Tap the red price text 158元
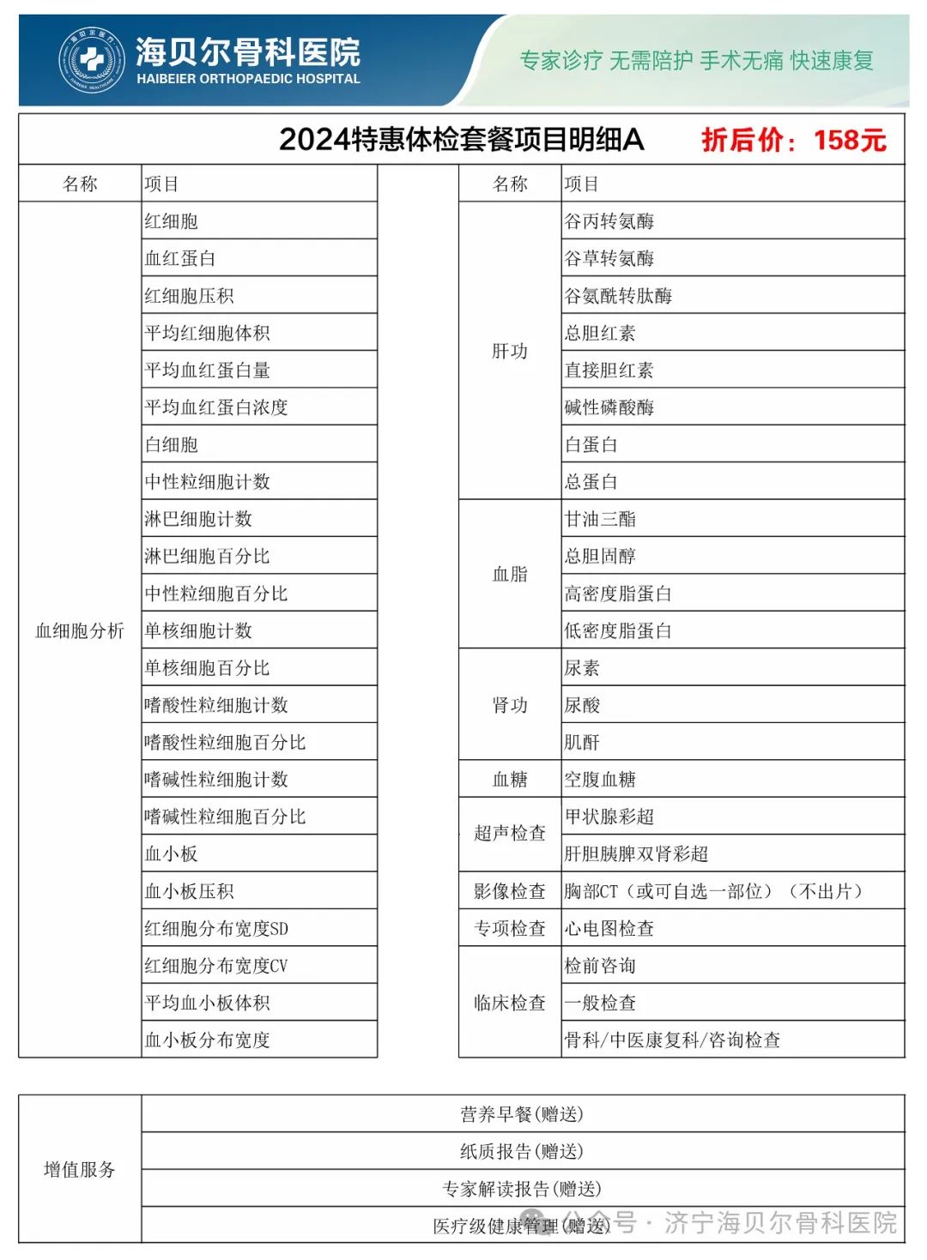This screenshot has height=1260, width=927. (x=849, y=140)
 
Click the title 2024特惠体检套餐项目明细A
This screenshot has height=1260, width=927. (x=461, y=140)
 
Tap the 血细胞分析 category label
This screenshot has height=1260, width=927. (x=80, y=630)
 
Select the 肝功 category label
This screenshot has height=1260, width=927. (x=510, y=351)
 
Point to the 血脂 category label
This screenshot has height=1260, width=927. (x=510, y=574)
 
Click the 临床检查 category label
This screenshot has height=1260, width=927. (x=510, y=1003)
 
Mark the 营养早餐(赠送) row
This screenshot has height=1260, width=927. (x=522, y=1114)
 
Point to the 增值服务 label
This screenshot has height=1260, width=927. (x=80, y=1169)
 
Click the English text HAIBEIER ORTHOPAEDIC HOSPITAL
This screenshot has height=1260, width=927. (x=248, y=79)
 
